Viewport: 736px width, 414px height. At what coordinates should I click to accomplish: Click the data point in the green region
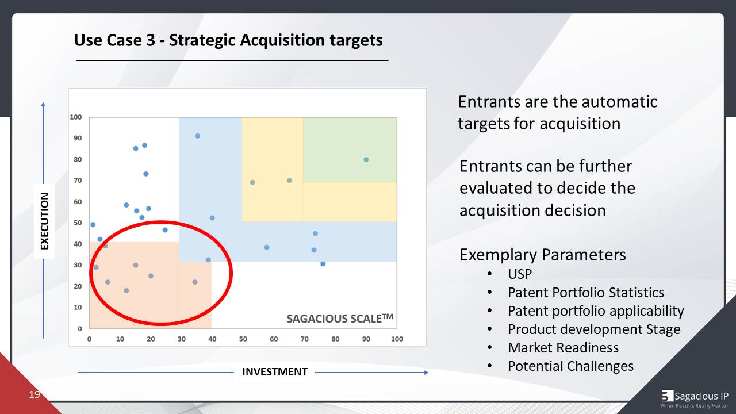tap(366, 159)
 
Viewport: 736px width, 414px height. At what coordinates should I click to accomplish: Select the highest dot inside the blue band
tap(197, 136)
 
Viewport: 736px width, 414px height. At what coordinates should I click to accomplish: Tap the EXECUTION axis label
tap(44, 221)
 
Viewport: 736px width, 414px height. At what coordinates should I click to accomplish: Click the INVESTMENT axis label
tap(274, 372)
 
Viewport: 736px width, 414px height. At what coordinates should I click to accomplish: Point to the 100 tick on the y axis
tap(76, 117)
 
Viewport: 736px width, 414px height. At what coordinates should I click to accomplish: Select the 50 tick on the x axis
tap(243, 339)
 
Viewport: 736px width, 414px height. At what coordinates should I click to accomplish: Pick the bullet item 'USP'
tap(519, 274)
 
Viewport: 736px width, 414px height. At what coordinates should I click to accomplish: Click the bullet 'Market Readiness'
tap(563, 348)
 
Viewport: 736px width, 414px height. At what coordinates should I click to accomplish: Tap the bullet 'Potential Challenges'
tap(570, 366)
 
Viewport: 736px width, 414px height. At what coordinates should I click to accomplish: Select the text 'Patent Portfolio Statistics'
tap(585, 293)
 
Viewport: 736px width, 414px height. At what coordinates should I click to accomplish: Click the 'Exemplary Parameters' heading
tap(542, 254)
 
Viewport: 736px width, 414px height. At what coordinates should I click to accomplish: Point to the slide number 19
tap(34, 394)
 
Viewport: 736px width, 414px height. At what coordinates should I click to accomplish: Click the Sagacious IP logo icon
tap(667, 396)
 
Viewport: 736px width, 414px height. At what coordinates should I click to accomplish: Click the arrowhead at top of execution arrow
tap(43, 105)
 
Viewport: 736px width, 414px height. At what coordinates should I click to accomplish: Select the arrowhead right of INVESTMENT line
tap(425, 372)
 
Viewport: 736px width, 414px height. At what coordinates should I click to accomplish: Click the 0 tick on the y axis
tap(79, 328)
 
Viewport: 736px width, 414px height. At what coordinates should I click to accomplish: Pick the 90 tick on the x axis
tap(366, 339)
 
